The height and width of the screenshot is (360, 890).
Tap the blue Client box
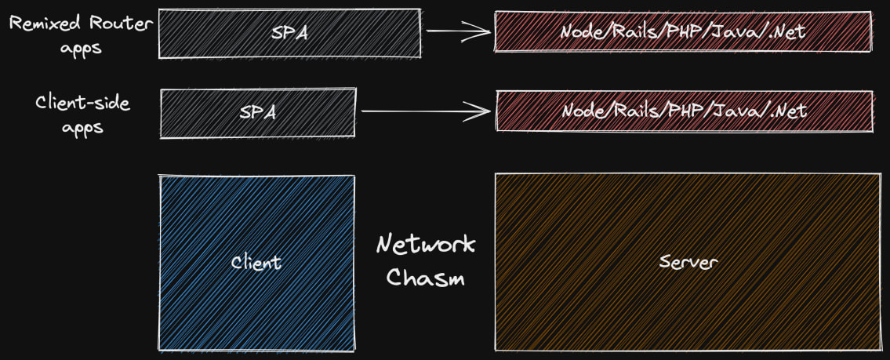[256, 263]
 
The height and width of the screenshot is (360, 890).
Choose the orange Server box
[687, 262]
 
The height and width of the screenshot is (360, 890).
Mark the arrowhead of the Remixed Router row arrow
[480, 31]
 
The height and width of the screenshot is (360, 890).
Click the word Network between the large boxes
[426, 245]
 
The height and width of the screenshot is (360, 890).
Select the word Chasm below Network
[426, 278]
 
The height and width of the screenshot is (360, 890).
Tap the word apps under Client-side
[83, 127]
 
